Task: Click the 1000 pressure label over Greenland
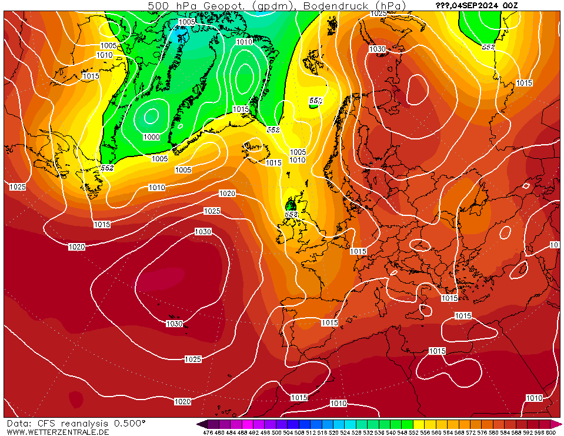151,137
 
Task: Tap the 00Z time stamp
510,5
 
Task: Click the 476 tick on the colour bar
208,432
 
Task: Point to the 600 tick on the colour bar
550,432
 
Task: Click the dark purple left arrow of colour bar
202,424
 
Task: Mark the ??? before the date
442,5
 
